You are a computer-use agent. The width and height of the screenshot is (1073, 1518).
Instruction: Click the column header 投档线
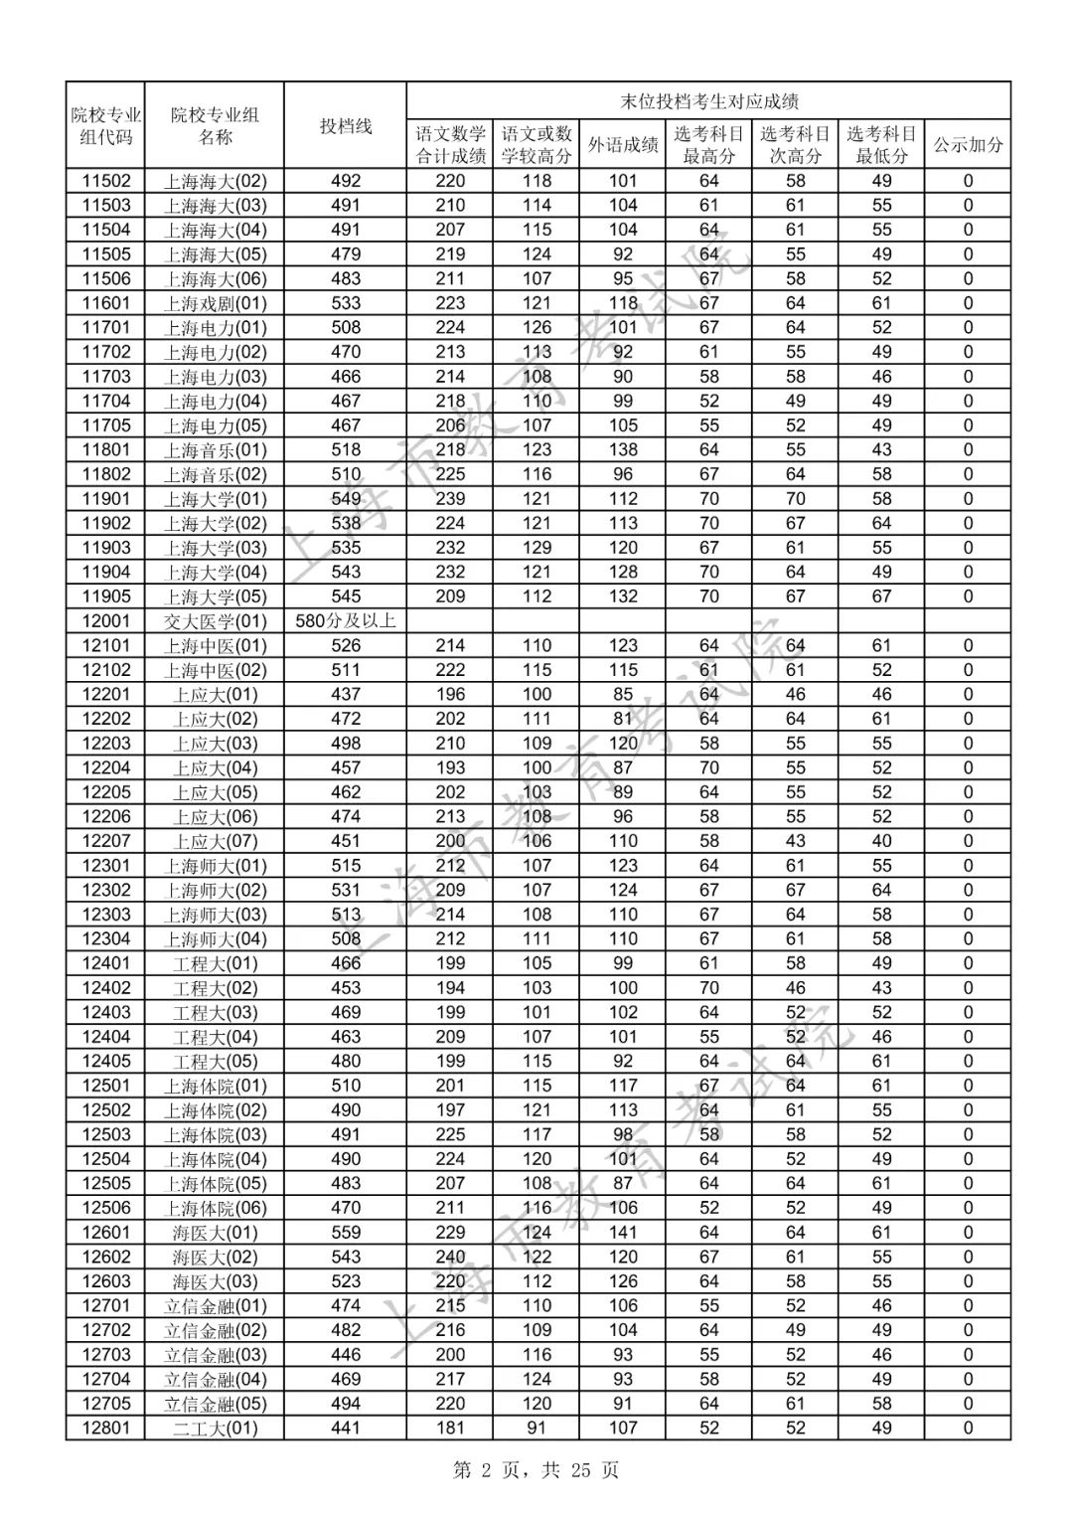(345, 125)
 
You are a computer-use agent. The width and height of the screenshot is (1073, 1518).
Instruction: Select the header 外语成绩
(623, 144)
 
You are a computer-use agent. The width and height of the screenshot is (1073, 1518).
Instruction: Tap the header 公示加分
(968, 144)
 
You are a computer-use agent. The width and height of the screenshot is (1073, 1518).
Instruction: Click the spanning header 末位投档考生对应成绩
(708, 100)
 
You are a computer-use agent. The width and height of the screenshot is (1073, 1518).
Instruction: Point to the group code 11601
(105, 303)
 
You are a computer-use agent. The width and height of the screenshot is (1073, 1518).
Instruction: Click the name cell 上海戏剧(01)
(215, 303)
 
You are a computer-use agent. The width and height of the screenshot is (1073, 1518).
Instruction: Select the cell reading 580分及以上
(345, 621)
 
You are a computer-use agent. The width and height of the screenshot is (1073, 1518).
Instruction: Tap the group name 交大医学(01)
(215, 621)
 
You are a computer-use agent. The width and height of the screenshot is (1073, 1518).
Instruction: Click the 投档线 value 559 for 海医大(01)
(345, 1233)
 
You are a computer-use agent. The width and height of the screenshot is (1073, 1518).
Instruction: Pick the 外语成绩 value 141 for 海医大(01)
(623, 1233)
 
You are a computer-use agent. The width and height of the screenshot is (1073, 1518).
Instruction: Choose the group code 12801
(105, 1429)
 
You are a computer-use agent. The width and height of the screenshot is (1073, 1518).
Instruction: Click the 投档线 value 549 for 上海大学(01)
(345, 499)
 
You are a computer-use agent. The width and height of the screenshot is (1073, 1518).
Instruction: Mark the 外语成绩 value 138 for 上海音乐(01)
(623, 450)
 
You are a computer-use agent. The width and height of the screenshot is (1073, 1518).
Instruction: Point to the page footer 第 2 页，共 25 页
(536, 1469)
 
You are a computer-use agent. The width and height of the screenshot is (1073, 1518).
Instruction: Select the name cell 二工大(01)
(215, 1429)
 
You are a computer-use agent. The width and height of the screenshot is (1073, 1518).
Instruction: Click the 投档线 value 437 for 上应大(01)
(345, 695)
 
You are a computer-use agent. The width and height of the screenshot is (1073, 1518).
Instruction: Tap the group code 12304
(105, 939)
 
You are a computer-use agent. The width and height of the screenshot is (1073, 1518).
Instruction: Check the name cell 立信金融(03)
(215, 1355)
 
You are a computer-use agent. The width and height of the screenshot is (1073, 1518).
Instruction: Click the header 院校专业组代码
(105, 125)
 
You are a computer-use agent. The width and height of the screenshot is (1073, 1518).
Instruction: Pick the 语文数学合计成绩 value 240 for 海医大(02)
(450, 1258)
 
